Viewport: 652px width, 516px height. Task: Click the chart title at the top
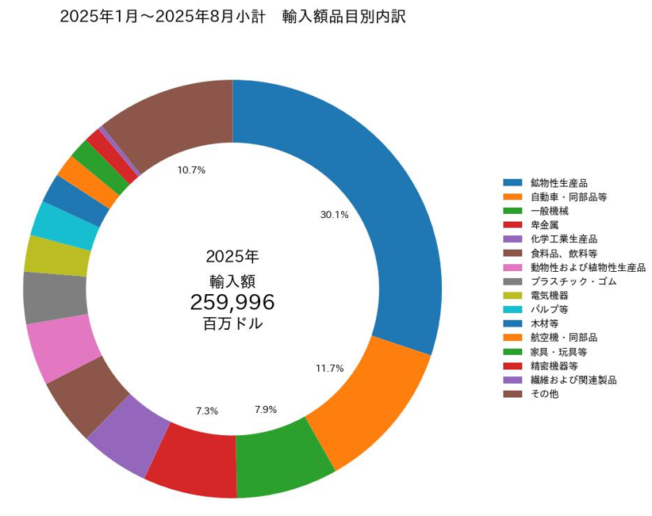coord(232,17)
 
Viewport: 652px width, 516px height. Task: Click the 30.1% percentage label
coord(334,214)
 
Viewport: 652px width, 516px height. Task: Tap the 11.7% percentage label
coord(329,368)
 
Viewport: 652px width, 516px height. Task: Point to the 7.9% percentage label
coord(266,410)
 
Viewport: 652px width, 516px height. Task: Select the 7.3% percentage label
coord(207,411)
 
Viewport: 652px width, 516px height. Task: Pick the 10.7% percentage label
coord(192,170)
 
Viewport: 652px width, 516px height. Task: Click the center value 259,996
coord(232,302)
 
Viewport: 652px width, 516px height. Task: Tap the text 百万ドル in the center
coord(232,324)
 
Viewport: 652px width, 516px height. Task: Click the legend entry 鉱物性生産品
coord(558,183)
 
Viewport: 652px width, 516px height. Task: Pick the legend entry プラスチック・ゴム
coord(573,281)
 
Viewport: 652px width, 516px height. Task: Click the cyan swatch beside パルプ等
coord(512,310)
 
